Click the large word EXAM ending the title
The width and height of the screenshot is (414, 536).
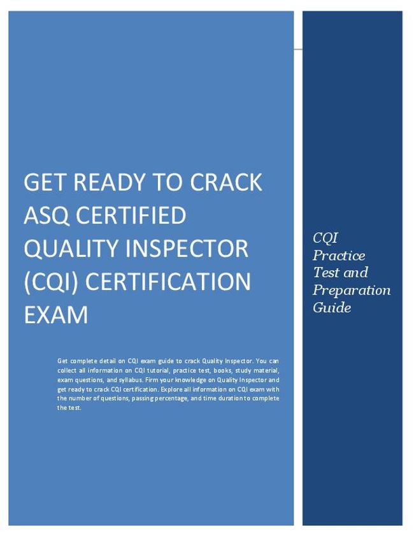click(x=55, y=314)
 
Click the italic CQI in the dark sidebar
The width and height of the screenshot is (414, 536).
click(x=325, y=238)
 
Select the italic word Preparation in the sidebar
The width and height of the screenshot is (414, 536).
click(x=351, y=290)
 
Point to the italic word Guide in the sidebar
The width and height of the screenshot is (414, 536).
click(x=331, y=307)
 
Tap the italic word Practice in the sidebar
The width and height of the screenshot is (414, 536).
click(x=339, y=256)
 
